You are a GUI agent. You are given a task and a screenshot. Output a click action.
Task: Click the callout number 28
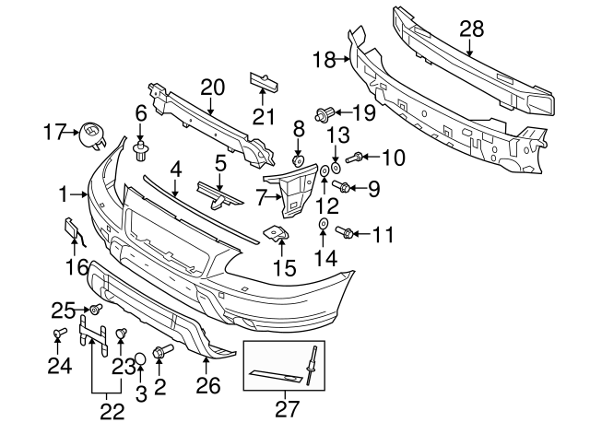(472, 30)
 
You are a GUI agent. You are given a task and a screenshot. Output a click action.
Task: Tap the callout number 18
(324, 60)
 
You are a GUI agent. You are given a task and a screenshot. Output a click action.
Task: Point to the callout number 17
(54, 133)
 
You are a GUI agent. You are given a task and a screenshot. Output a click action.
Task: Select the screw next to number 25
(93, 309)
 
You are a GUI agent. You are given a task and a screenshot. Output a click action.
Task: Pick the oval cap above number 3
(140, 358)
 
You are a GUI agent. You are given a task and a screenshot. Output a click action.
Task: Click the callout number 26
(209, 386)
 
